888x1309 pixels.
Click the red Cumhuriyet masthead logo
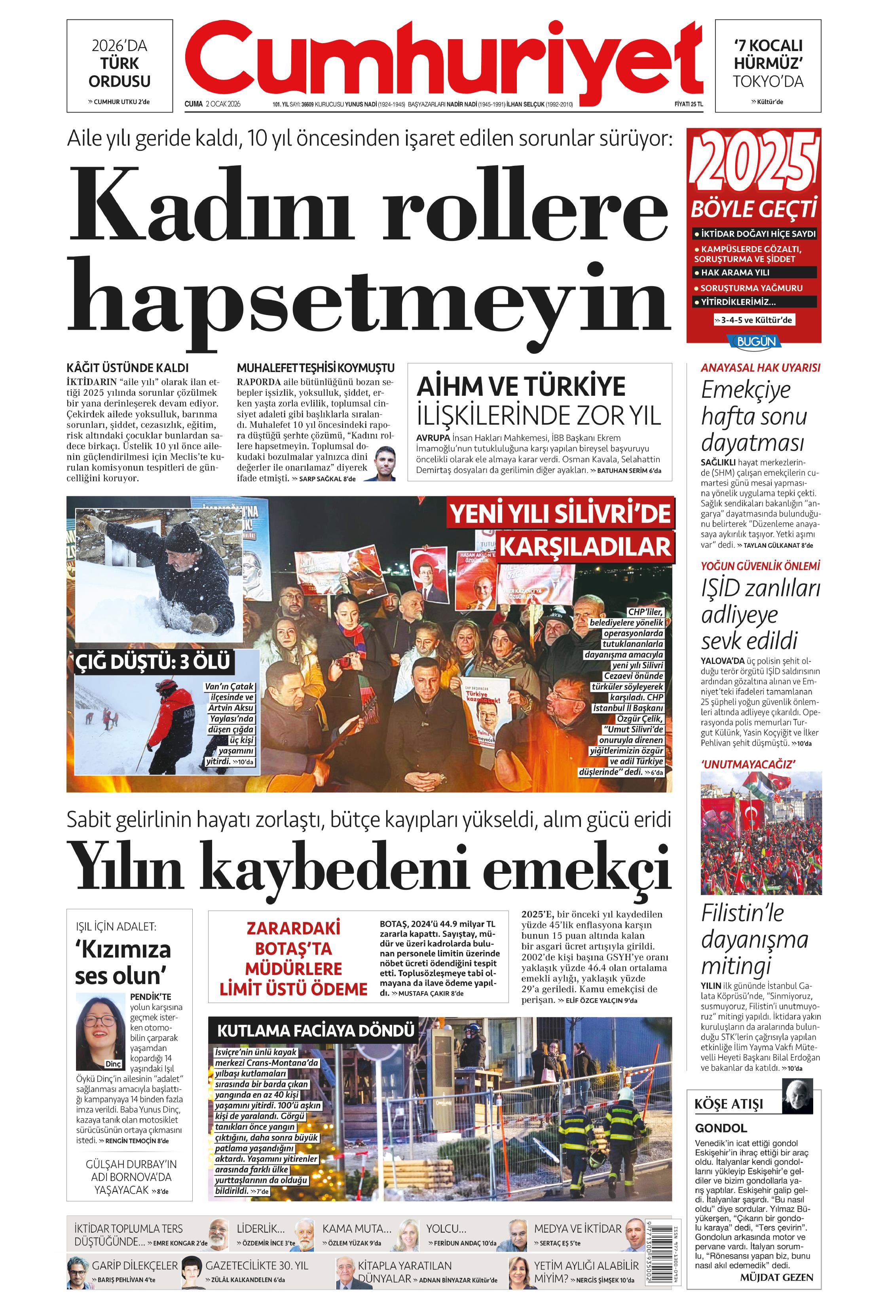point(444,59)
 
